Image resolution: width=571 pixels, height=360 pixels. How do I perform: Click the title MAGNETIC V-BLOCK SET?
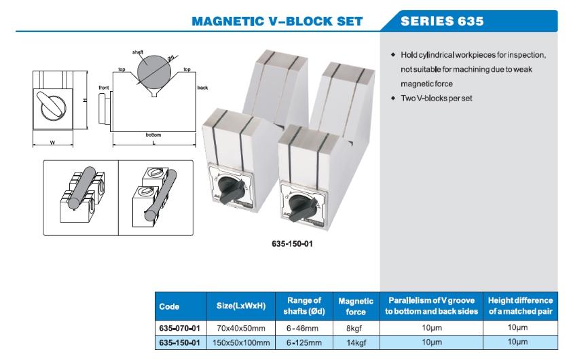[x=277, y=20]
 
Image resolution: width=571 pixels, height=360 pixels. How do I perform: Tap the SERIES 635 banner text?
[x=442, y=20]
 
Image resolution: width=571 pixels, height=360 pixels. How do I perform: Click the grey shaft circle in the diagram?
[x=155, y=71]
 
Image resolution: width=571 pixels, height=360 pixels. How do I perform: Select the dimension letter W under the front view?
[x=52, y=143]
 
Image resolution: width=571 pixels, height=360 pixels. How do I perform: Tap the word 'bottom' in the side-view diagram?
[x=153, y=134]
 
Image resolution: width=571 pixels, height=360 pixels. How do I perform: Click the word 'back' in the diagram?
[x=202, y=88]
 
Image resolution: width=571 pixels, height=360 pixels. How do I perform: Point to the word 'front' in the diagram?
[x=103, y=88]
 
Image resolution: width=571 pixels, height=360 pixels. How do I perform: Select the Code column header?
[x=169, y=306]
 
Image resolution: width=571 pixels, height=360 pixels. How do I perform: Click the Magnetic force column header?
[x=356, y=306]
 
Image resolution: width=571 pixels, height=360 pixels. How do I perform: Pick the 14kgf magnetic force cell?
[x=356, y=342]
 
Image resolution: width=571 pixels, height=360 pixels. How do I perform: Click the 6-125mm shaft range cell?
[x=303, y=342]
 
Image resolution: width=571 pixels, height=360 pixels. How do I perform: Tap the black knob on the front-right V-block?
[x=298, y=206]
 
